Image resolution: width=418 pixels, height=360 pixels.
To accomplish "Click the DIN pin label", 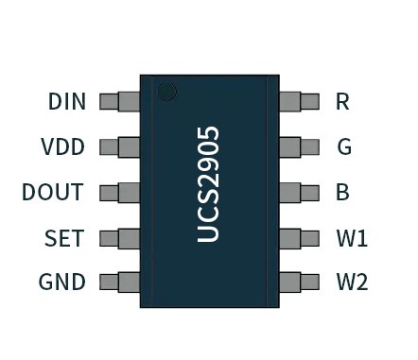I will click(x=66, y=101).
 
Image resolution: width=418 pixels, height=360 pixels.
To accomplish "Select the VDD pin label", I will click(x=62, y=146).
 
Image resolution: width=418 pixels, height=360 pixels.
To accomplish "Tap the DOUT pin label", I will click(x=53, y=192).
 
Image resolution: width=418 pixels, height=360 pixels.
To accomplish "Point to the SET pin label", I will click(x=64, y=237).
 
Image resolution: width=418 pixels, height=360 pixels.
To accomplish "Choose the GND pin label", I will click(x=61, y=282).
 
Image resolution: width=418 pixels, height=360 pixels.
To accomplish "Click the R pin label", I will click(x=342, y=101).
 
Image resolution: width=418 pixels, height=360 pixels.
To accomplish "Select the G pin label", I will click(x=343, y=146).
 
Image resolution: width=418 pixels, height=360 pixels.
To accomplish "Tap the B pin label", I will click(x=342, y=192).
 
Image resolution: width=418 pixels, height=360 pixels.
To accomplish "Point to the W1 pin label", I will click(x=352, y=237).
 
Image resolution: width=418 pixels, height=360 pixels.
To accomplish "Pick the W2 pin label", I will click(x=352, y=282).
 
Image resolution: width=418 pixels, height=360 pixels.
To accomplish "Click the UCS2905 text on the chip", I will click(x=210, y=184).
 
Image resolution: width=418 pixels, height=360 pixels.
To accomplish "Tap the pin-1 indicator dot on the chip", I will click(x=167, y=92).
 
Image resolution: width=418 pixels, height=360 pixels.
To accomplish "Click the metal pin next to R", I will click(x=300, y=101).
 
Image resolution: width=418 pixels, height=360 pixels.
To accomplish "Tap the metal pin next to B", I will click(x=300, y=192).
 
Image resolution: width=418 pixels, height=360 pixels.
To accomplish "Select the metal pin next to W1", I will click(x=300, y=237).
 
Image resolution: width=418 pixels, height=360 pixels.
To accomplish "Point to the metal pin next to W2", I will click(x=300, y=282).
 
